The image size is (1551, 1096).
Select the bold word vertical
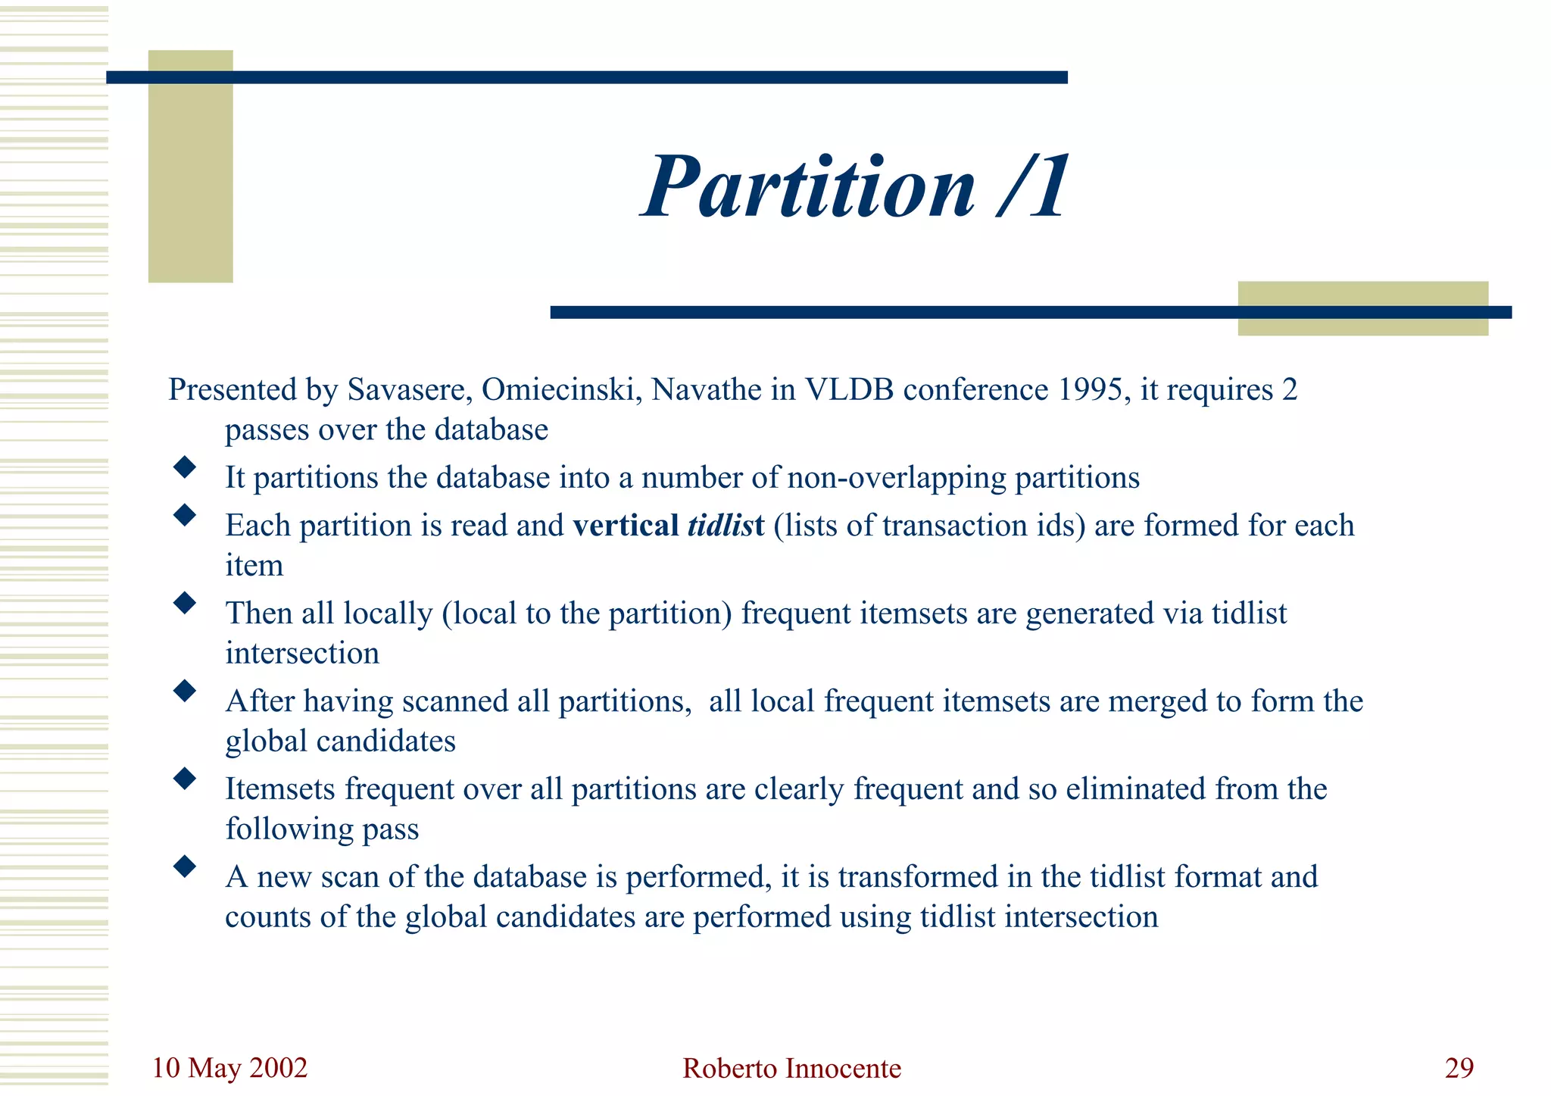point(626,526)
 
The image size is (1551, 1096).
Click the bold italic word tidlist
point(726,526)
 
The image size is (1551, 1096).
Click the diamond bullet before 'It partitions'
point(184,467)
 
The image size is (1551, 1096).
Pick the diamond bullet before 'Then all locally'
point(184,603)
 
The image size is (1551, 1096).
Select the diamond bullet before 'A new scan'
point(184,866)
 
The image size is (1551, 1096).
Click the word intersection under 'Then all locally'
point(302,654)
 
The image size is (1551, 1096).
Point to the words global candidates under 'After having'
point(340,742)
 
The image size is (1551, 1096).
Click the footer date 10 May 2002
point(229,1068)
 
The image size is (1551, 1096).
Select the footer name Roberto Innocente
point(791,1069)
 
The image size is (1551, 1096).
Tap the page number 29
point(1459,1068)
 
